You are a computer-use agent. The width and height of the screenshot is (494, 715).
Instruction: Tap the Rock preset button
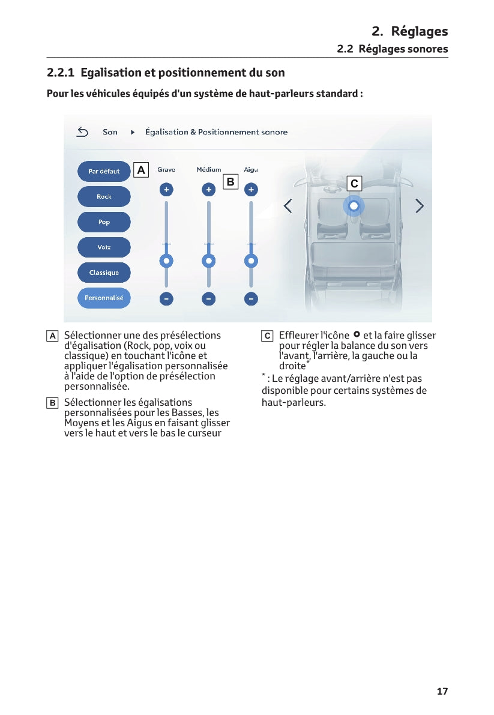(104, 196)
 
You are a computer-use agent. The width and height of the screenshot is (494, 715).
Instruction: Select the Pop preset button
(104, 222)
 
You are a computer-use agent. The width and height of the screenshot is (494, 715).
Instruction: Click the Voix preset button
(104, 247)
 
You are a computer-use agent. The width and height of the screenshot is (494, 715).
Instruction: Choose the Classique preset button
(104, 273)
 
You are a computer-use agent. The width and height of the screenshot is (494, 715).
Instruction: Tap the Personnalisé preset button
(104, 298)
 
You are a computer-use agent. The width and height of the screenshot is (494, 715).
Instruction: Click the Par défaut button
(104, 171)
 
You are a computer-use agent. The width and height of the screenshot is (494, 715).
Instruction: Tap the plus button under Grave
(166, 190)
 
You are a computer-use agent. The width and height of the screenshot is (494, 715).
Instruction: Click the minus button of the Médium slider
(208, 298)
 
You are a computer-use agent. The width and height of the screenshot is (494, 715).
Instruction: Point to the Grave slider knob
(166, 261)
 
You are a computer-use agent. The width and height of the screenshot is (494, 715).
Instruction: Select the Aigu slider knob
(251, 261)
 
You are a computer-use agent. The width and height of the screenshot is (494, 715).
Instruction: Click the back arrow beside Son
(83, 132)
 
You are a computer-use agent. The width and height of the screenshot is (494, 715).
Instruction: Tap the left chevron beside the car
(288, 206)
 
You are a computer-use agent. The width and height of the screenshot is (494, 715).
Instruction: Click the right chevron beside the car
(420, 206)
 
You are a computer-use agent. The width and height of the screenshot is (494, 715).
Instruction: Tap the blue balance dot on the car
(354, 206)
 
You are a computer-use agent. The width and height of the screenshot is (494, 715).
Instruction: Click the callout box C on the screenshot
(354, 183)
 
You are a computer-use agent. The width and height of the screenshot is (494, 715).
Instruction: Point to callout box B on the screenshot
(230, 181)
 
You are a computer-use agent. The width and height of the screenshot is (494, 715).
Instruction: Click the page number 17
(442, 692)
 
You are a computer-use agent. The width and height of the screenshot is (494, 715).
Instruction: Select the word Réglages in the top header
(419, 31)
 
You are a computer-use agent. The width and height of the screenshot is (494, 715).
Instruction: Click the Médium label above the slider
(208, 170)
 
